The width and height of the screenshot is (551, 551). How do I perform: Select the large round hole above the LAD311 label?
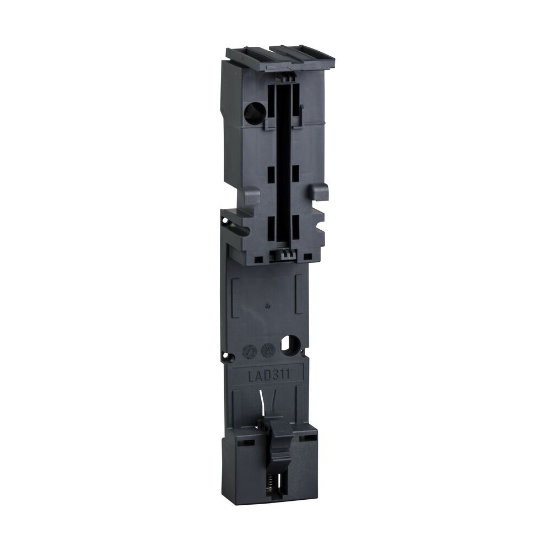coord(288,345)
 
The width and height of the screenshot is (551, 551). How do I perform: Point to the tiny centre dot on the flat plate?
coord(267,306)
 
